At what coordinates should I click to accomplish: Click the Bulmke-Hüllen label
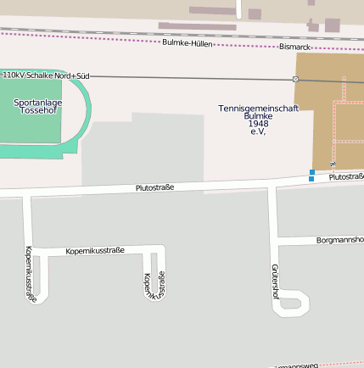point(187,42)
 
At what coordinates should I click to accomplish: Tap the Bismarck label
point(294,47)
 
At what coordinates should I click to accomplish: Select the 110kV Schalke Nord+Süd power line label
point(46,75)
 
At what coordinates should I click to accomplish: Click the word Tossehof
point(36,111)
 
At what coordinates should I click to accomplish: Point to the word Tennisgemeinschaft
point(258,109)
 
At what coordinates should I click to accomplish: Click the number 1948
point(258,124)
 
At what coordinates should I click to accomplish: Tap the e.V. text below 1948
point(258,131)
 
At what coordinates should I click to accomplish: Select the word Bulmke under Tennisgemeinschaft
point(258,116)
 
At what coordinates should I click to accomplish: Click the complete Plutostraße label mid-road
point(154,187)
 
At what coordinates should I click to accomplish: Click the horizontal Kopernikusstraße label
point(95,250)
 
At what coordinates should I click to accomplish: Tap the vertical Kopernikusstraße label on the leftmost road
point(30,273)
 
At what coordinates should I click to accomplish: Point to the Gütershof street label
point(274,282)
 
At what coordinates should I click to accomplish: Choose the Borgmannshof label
point(339,240)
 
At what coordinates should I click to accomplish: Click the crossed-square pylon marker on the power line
point(295,79)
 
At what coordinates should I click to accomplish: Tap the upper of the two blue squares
point(312,172)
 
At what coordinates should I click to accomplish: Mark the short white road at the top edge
point(240,8)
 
